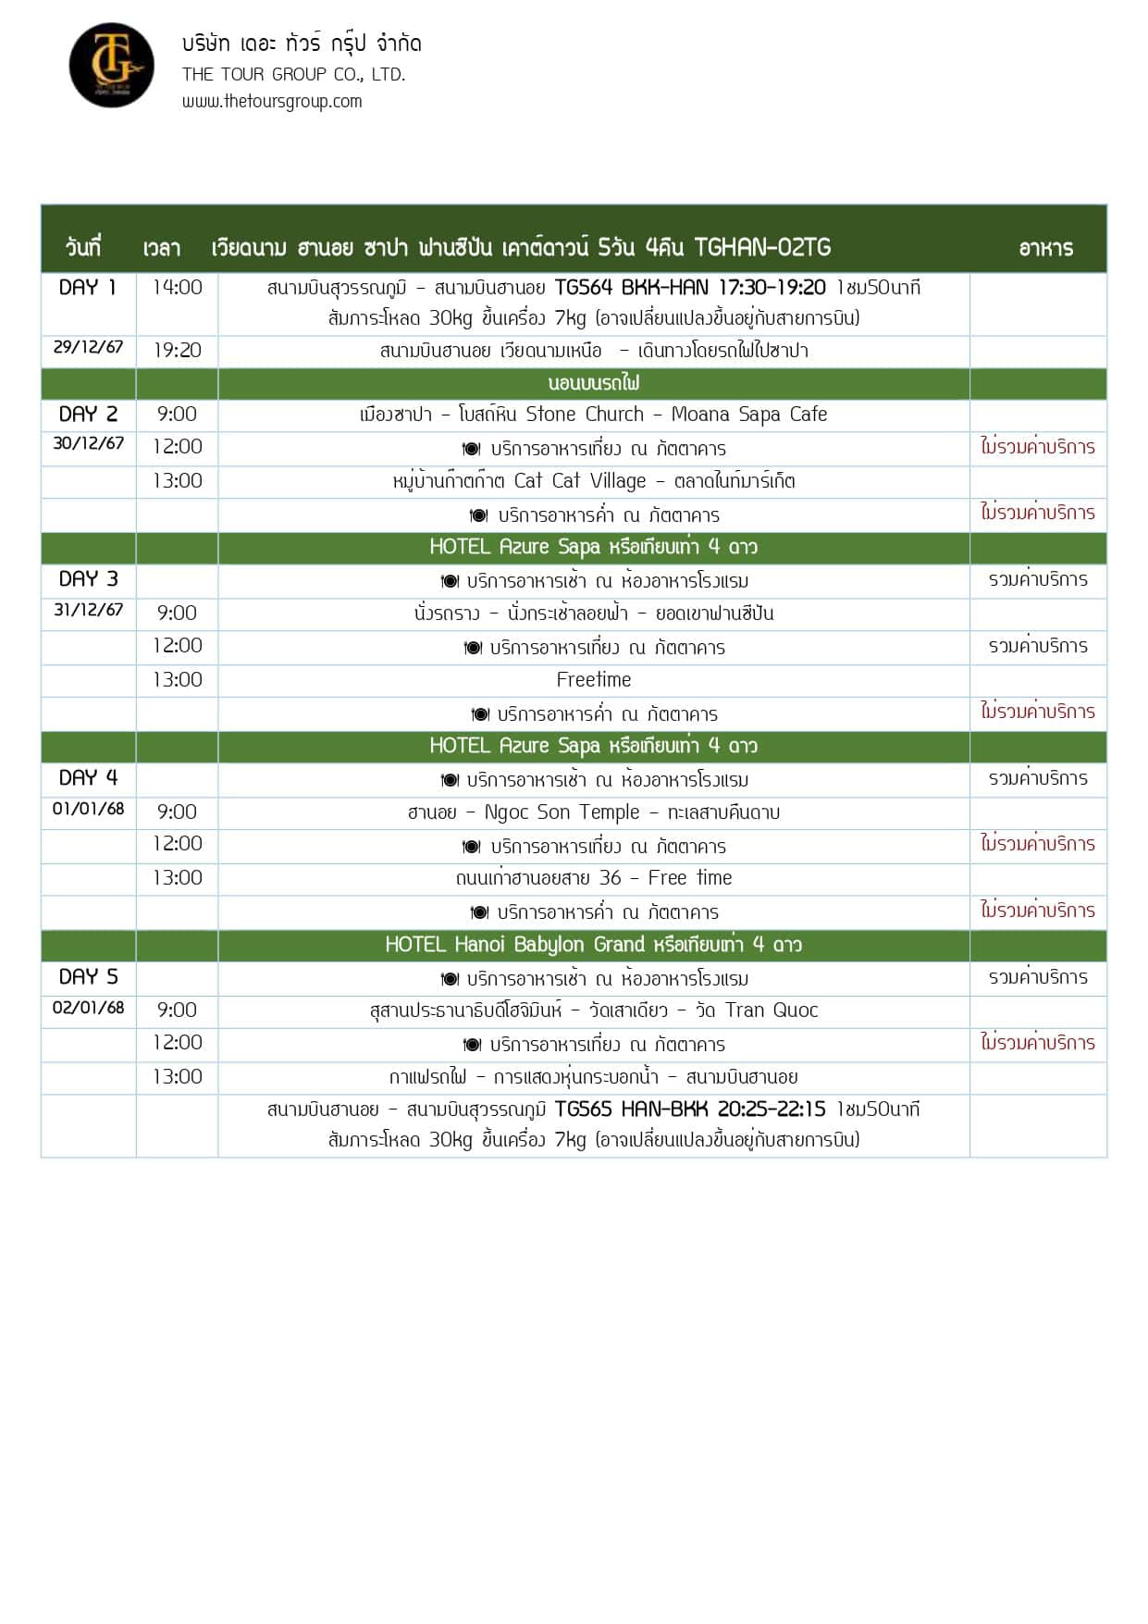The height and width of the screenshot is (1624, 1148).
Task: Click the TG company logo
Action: tap(111, 65)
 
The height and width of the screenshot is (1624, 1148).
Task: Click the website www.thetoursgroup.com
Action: tap(271, 101)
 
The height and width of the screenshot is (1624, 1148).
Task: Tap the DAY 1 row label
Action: tap(88, 288)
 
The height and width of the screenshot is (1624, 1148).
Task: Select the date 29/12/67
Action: tap(88, 347)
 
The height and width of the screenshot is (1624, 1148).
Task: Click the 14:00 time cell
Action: tap(177, 288)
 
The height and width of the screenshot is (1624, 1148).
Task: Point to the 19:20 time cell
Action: tap(177, 351)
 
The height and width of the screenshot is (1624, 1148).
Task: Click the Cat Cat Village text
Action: tap(580, 481)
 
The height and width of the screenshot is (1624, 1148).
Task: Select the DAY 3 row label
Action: tap(88, 579)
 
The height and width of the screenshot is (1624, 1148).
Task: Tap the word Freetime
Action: tap(593, 680)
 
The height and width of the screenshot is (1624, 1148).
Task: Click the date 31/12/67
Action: tap(88, 610)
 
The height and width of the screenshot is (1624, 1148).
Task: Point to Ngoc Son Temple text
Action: tap(562, 812)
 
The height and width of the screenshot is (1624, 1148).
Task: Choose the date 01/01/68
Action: tap(88, 809)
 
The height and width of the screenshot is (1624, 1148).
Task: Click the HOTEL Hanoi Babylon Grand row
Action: tap(593, 945)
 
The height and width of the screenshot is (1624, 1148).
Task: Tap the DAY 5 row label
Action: tap(88, 977)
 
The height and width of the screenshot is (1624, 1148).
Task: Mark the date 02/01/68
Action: tap(88, 1008)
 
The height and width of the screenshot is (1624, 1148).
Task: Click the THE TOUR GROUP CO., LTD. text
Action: tap(293, 74)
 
